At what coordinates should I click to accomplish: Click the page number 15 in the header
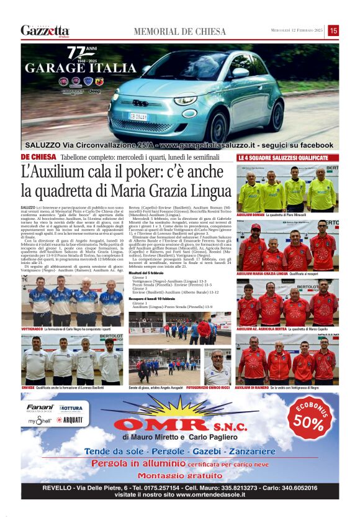click(333, 30)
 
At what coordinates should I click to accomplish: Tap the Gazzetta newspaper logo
click(45, 30)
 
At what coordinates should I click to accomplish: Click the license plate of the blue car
click(138, 116)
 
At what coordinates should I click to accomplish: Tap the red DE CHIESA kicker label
click(38, 157)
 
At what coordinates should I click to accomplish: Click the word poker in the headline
click(138, 171)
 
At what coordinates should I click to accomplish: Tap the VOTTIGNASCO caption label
click(32, 329)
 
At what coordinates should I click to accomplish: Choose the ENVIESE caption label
click(29, 386)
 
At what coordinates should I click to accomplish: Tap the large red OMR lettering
click(156, 426)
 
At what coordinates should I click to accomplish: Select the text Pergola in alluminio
click(130, 463)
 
